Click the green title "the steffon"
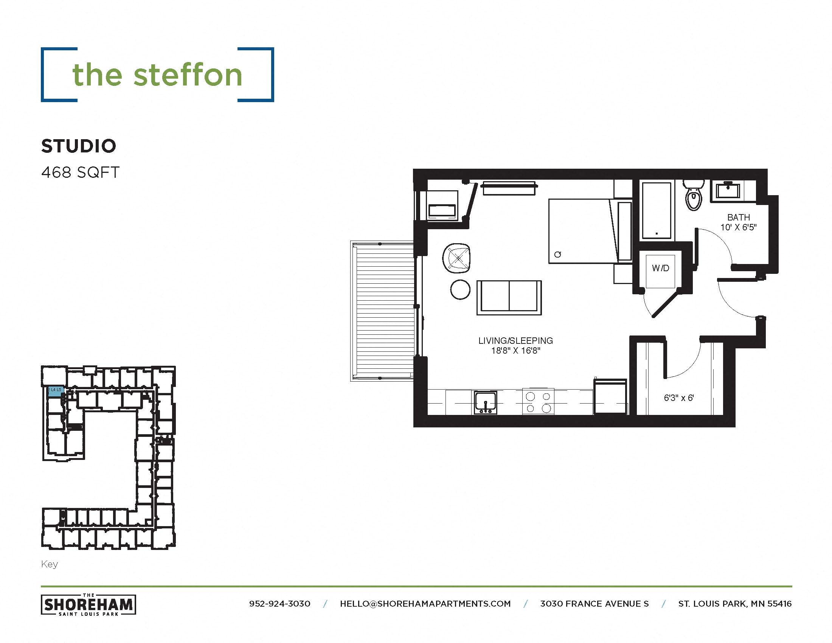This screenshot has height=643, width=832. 157,75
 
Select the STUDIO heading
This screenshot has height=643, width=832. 79,146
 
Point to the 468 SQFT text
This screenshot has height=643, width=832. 81,172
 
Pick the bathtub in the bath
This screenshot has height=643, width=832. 657,210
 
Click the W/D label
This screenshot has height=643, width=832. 660,268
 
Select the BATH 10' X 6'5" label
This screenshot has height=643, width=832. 738,222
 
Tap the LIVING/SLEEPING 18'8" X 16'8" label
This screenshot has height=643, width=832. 515,345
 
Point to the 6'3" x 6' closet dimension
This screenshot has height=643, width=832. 679,398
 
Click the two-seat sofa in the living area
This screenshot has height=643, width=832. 509,298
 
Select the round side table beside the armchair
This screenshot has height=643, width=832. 460,289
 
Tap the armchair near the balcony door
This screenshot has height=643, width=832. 457,258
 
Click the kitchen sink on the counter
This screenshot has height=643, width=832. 485,402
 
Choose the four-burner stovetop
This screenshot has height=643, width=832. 538,402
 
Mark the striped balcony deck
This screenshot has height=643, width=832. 382,311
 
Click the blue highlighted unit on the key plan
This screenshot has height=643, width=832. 55,392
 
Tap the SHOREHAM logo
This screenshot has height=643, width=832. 88,604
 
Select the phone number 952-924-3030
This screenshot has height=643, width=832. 279,604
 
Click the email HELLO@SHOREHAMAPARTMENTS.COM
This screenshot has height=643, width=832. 425,604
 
